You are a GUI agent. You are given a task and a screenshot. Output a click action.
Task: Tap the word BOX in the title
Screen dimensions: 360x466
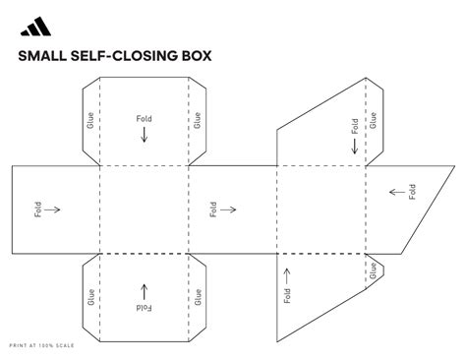[194, 56]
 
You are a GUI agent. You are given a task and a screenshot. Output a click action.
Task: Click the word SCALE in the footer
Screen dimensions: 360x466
[65, 345]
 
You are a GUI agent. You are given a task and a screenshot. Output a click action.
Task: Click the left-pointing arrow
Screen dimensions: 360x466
[397, 191]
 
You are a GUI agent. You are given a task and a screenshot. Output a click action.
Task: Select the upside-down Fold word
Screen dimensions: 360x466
[145, 308]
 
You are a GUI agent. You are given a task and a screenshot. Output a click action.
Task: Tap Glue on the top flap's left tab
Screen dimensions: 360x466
[90, 120]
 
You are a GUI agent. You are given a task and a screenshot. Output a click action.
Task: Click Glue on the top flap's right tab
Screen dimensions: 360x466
[198, 120]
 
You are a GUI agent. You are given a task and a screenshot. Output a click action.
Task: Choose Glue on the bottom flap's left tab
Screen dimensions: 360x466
[90, 294]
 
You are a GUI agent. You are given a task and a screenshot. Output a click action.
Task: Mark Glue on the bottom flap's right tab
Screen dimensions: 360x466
[198, 294]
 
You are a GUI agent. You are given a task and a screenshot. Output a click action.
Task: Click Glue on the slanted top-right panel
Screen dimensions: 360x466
[373, 120]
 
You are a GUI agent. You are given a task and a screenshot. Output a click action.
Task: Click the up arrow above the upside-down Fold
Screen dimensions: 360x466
[145, 291]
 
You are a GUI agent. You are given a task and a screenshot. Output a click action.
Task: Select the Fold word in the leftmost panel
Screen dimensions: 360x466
[37, 209]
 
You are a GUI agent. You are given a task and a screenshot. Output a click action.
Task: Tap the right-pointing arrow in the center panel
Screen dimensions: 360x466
[229, 209]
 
